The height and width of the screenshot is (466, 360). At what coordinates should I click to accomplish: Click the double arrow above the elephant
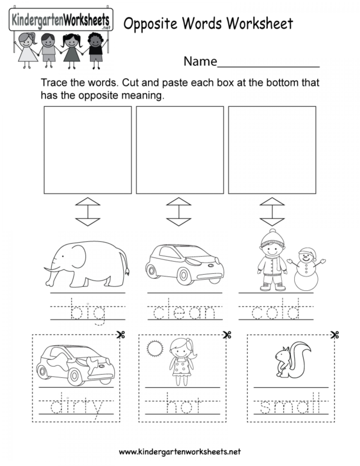click(x=87, y=211)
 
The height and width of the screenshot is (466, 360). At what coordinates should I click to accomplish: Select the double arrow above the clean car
click(x=178, y=211)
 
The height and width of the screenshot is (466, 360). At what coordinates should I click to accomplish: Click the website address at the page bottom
click(x=179, y=452)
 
